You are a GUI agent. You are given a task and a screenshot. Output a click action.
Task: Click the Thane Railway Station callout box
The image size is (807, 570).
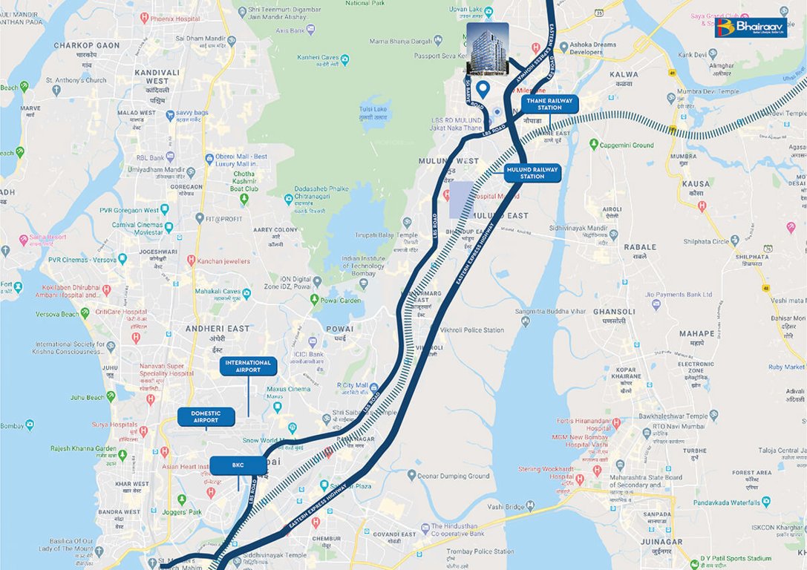pos(550,104)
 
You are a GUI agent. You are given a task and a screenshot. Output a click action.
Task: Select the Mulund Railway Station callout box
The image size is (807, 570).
pos(532,173)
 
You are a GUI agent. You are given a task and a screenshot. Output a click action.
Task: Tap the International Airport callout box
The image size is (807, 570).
pos(248,366)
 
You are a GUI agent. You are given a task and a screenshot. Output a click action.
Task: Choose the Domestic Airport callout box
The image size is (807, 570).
pos(206,416)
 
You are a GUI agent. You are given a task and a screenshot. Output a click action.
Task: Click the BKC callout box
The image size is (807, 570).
pos(238,465)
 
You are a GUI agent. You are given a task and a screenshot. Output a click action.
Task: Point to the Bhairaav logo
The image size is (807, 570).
pos(750,27)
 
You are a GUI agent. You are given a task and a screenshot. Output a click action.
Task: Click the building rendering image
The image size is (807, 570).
pos(487,48)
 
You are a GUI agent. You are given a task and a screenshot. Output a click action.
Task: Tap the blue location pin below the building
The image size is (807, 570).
pos(483,91)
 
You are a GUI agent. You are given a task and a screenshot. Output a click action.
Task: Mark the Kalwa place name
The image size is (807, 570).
pos(623,75)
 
